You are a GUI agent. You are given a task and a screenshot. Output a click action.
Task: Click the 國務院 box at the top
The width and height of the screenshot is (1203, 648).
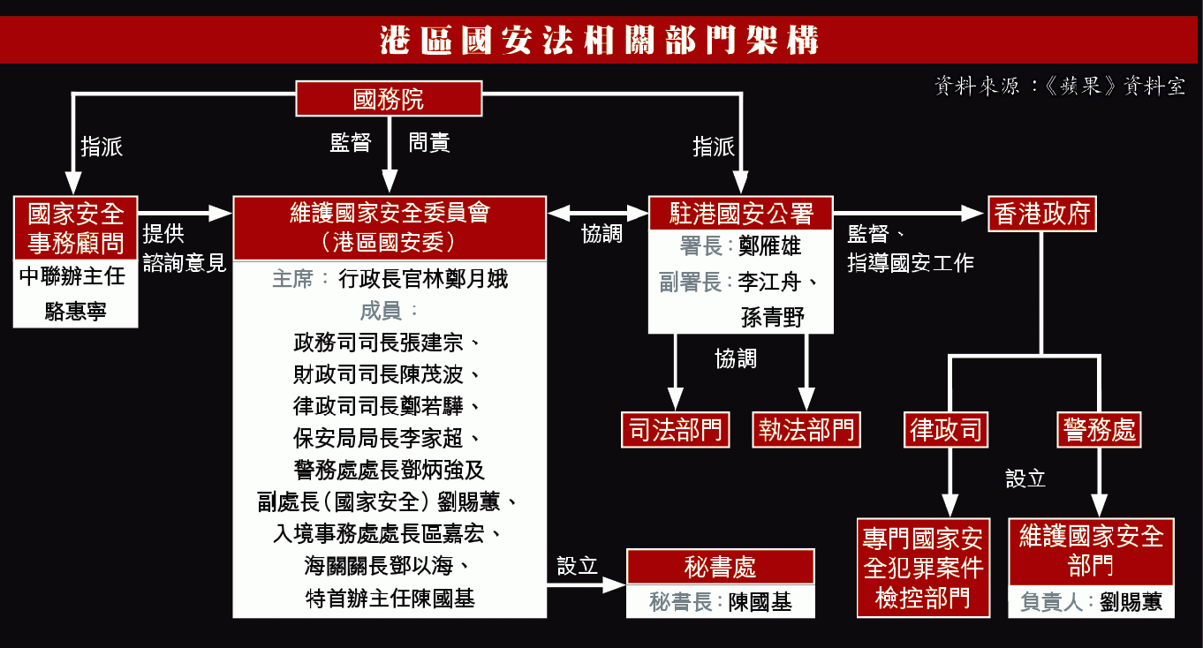click(389, 99)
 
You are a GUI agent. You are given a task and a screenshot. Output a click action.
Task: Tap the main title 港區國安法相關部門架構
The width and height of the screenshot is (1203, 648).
click(601, 41)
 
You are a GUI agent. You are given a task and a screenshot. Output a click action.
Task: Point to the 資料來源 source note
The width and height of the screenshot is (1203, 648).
click(1059, 87)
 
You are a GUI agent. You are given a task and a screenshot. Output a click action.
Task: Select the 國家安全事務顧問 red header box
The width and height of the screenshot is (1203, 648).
click(76, 228)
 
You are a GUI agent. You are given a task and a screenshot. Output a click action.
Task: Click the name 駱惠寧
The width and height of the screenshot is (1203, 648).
click(76, 311)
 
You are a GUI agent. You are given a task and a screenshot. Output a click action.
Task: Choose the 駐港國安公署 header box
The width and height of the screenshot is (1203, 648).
click(740, 214)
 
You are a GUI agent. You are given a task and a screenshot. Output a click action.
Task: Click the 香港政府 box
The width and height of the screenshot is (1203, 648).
click(1042, 214)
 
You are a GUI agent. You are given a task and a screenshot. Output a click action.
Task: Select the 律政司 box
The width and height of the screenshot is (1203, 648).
click(946, 431)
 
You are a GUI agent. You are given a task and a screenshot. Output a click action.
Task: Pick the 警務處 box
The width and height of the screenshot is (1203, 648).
click(1099, 431)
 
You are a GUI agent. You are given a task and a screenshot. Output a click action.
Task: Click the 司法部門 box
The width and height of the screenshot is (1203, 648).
click(676, 430)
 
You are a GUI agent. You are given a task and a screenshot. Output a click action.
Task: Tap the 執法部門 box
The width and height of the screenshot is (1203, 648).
click(806, 430)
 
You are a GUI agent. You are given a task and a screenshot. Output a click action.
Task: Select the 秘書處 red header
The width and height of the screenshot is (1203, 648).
click(720, 567)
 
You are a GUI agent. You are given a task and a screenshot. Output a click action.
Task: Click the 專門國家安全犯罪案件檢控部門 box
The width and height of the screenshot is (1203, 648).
click(922, 568)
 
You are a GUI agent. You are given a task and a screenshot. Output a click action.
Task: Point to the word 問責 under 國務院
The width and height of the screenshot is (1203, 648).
click(429, 143)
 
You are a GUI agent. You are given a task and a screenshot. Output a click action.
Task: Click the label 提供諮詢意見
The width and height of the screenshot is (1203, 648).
click(184, 248)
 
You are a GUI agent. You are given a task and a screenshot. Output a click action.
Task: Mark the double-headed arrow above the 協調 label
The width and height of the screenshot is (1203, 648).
click(598, 213)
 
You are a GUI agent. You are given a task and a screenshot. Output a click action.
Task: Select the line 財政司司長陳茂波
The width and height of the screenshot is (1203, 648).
click(388, 374)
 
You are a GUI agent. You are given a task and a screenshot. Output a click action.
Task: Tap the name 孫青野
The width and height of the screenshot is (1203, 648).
click(773, 316)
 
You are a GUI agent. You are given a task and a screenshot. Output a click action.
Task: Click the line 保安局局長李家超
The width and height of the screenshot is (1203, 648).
click(388, 438)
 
